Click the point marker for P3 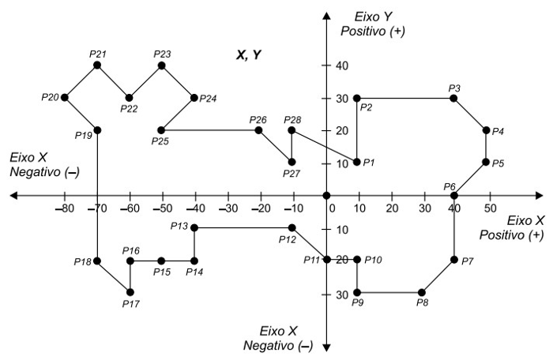click(453, 98)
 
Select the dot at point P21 click(97, 65)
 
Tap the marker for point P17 click(130, 292)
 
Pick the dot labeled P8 click(422, 292)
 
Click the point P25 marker click(162, 130)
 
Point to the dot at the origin click(325, 195)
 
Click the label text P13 click(179, 226)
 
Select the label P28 click(292, 119)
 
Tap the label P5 click(498, 163)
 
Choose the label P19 click(85, 135)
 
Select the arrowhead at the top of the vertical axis click(325, 14)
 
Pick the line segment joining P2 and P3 click(404, 98)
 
